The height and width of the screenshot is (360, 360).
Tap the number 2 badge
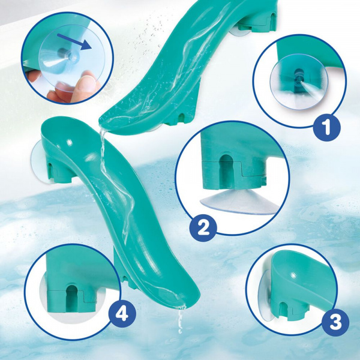tap(203, 227)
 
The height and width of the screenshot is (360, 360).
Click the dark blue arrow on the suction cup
tap(77, 40)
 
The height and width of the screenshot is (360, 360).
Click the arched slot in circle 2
tap(226, 169)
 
